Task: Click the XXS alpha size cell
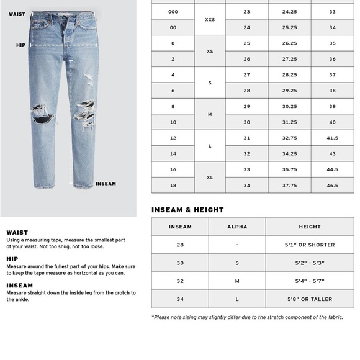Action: coord(210,20)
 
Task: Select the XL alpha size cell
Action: coord(210,177)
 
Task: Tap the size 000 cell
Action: coord(173,12)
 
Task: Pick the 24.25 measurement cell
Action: coord(289,12)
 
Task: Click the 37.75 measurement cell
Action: coord(289,185)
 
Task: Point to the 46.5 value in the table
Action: coord(332,185)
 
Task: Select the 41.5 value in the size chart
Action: coord(332,138)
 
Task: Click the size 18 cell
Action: coord(173,185)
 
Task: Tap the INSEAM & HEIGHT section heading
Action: coord(187,210)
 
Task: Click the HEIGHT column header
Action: coord(310,227)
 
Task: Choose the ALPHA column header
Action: coord(237,227)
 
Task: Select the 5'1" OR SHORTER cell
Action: coord(310,245)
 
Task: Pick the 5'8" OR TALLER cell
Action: coord(310,299)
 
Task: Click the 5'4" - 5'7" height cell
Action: coord(310,281)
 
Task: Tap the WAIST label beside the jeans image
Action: coord(17,14)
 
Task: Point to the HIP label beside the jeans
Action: coord(20,45)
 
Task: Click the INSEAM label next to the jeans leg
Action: coord(106,184)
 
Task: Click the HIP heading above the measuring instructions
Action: coord(12,259)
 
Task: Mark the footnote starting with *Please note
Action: coord(246,317)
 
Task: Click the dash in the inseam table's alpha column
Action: coord(237,245)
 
